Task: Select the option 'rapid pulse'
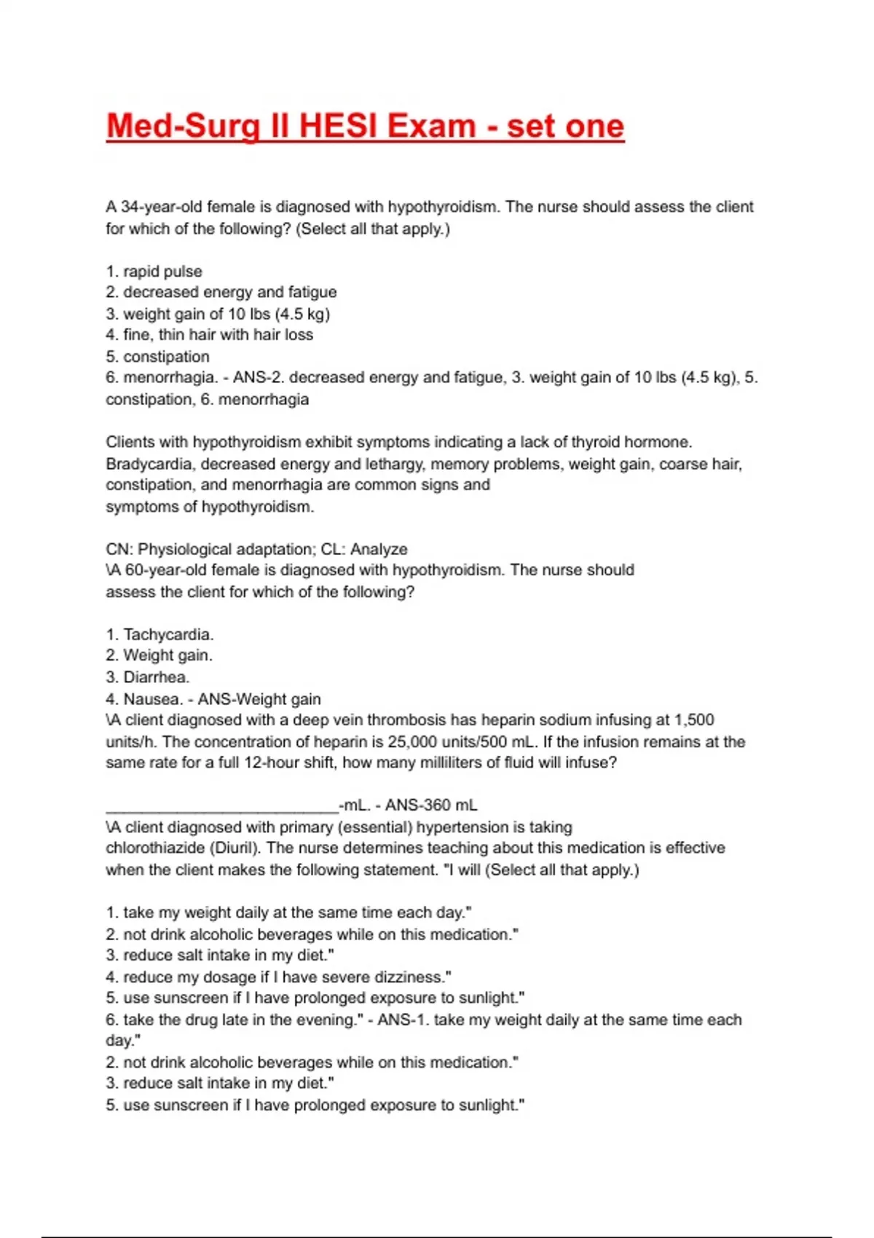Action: [162, 272]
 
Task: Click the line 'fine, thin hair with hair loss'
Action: [217, 335]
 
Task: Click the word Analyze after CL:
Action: [379, 549]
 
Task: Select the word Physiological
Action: [188, 549]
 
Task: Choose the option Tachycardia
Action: [168, 634]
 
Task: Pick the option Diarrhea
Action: [155, 677]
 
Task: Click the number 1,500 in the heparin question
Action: [694, 720]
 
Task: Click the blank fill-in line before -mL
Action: [222, 805]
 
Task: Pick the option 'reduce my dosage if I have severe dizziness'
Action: [286, 977]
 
